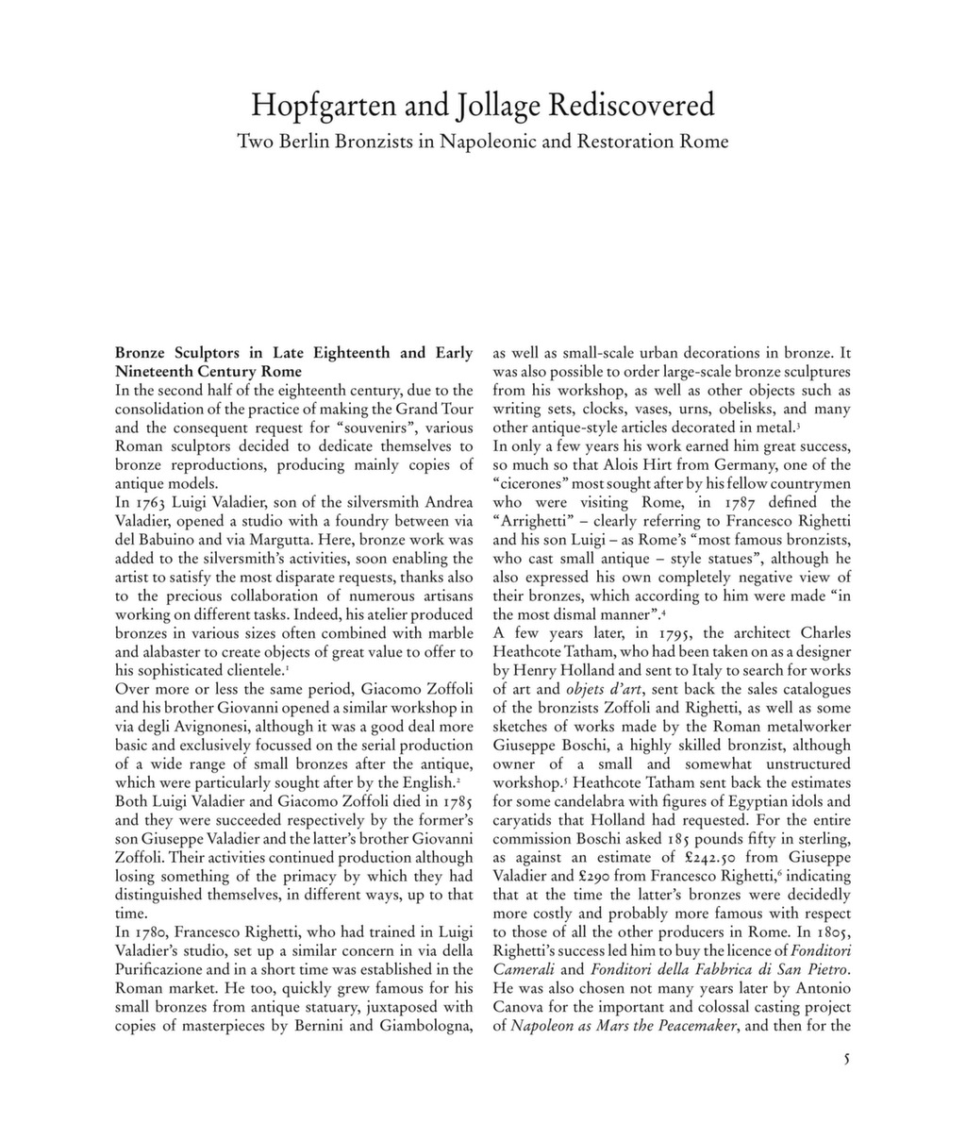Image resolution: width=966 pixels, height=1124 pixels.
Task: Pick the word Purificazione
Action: coord(163,969)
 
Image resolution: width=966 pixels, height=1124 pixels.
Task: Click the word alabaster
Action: coord(154,652)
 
